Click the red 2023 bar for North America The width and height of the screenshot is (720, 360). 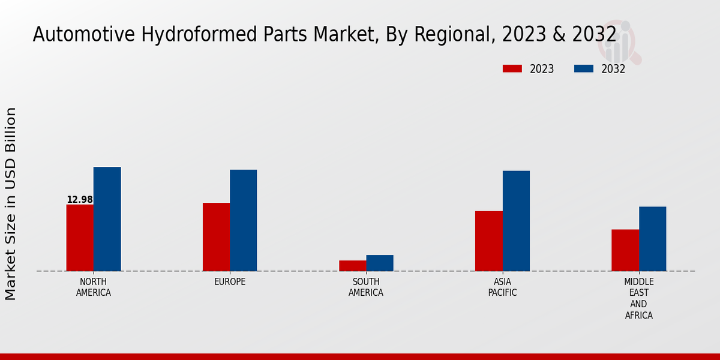click(80, 238)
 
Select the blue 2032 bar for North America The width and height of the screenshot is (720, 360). click(107, 219)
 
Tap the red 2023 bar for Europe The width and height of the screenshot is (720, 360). click(216, 237)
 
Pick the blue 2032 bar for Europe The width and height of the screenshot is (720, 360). click(243, 220)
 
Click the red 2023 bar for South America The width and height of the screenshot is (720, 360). click(352, 266)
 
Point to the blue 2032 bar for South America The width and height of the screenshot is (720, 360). click(380, 263)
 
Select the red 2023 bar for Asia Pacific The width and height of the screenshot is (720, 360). click(488, 241)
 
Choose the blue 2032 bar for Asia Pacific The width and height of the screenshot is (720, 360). click(516, 221)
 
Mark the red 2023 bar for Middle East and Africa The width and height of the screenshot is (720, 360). click(625, 250)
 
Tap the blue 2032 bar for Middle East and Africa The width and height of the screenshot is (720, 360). click(652, 239)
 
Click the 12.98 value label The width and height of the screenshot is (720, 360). click(80, 200)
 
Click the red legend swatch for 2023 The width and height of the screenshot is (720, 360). click(512, 69)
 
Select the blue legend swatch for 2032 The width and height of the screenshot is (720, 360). click(583, 69)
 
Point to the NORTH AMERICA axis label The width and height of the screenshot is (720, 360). click(94, 287)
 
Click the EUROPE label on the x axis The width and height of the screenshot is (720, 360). click(230, 282)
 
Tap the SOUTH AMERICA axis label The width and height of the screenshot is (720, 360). click(366, 287)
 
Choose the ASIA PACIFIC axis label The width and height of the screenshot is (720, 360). click(502, 287)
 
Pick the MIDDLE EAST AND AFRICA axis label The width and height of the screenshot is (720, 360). click(638, 298)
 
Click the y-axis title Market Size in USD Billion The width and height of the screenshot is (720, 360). click(11, 204)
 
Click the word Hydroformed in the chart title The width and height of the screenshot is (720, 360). click(188, 35)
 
